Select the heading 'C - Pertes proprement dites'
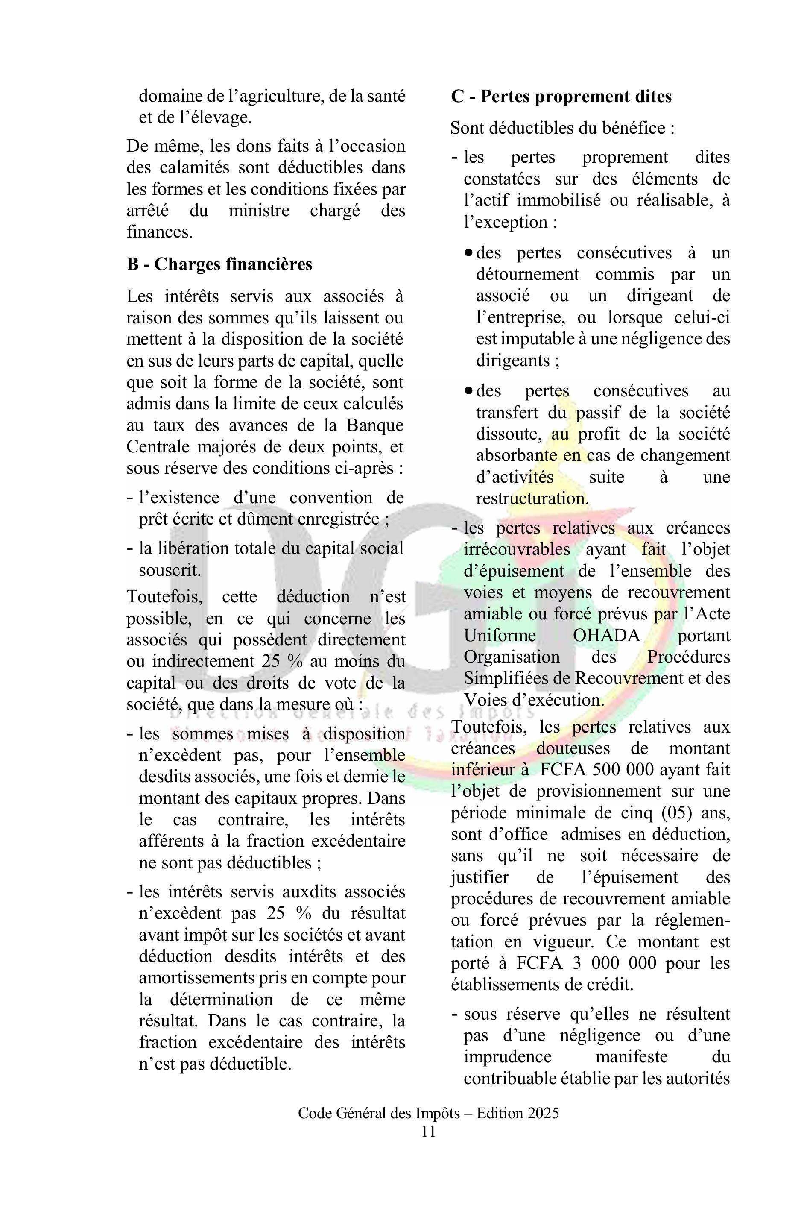(561, 97)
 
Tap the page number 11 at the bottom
(428, 1132)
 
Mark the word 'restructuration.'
(532, 498)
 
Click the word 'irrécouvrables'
(517, 549)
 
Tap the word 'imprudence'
(507, 1056)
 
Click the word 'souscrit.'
(170, 570)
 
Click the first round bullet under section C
(468, 253)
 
